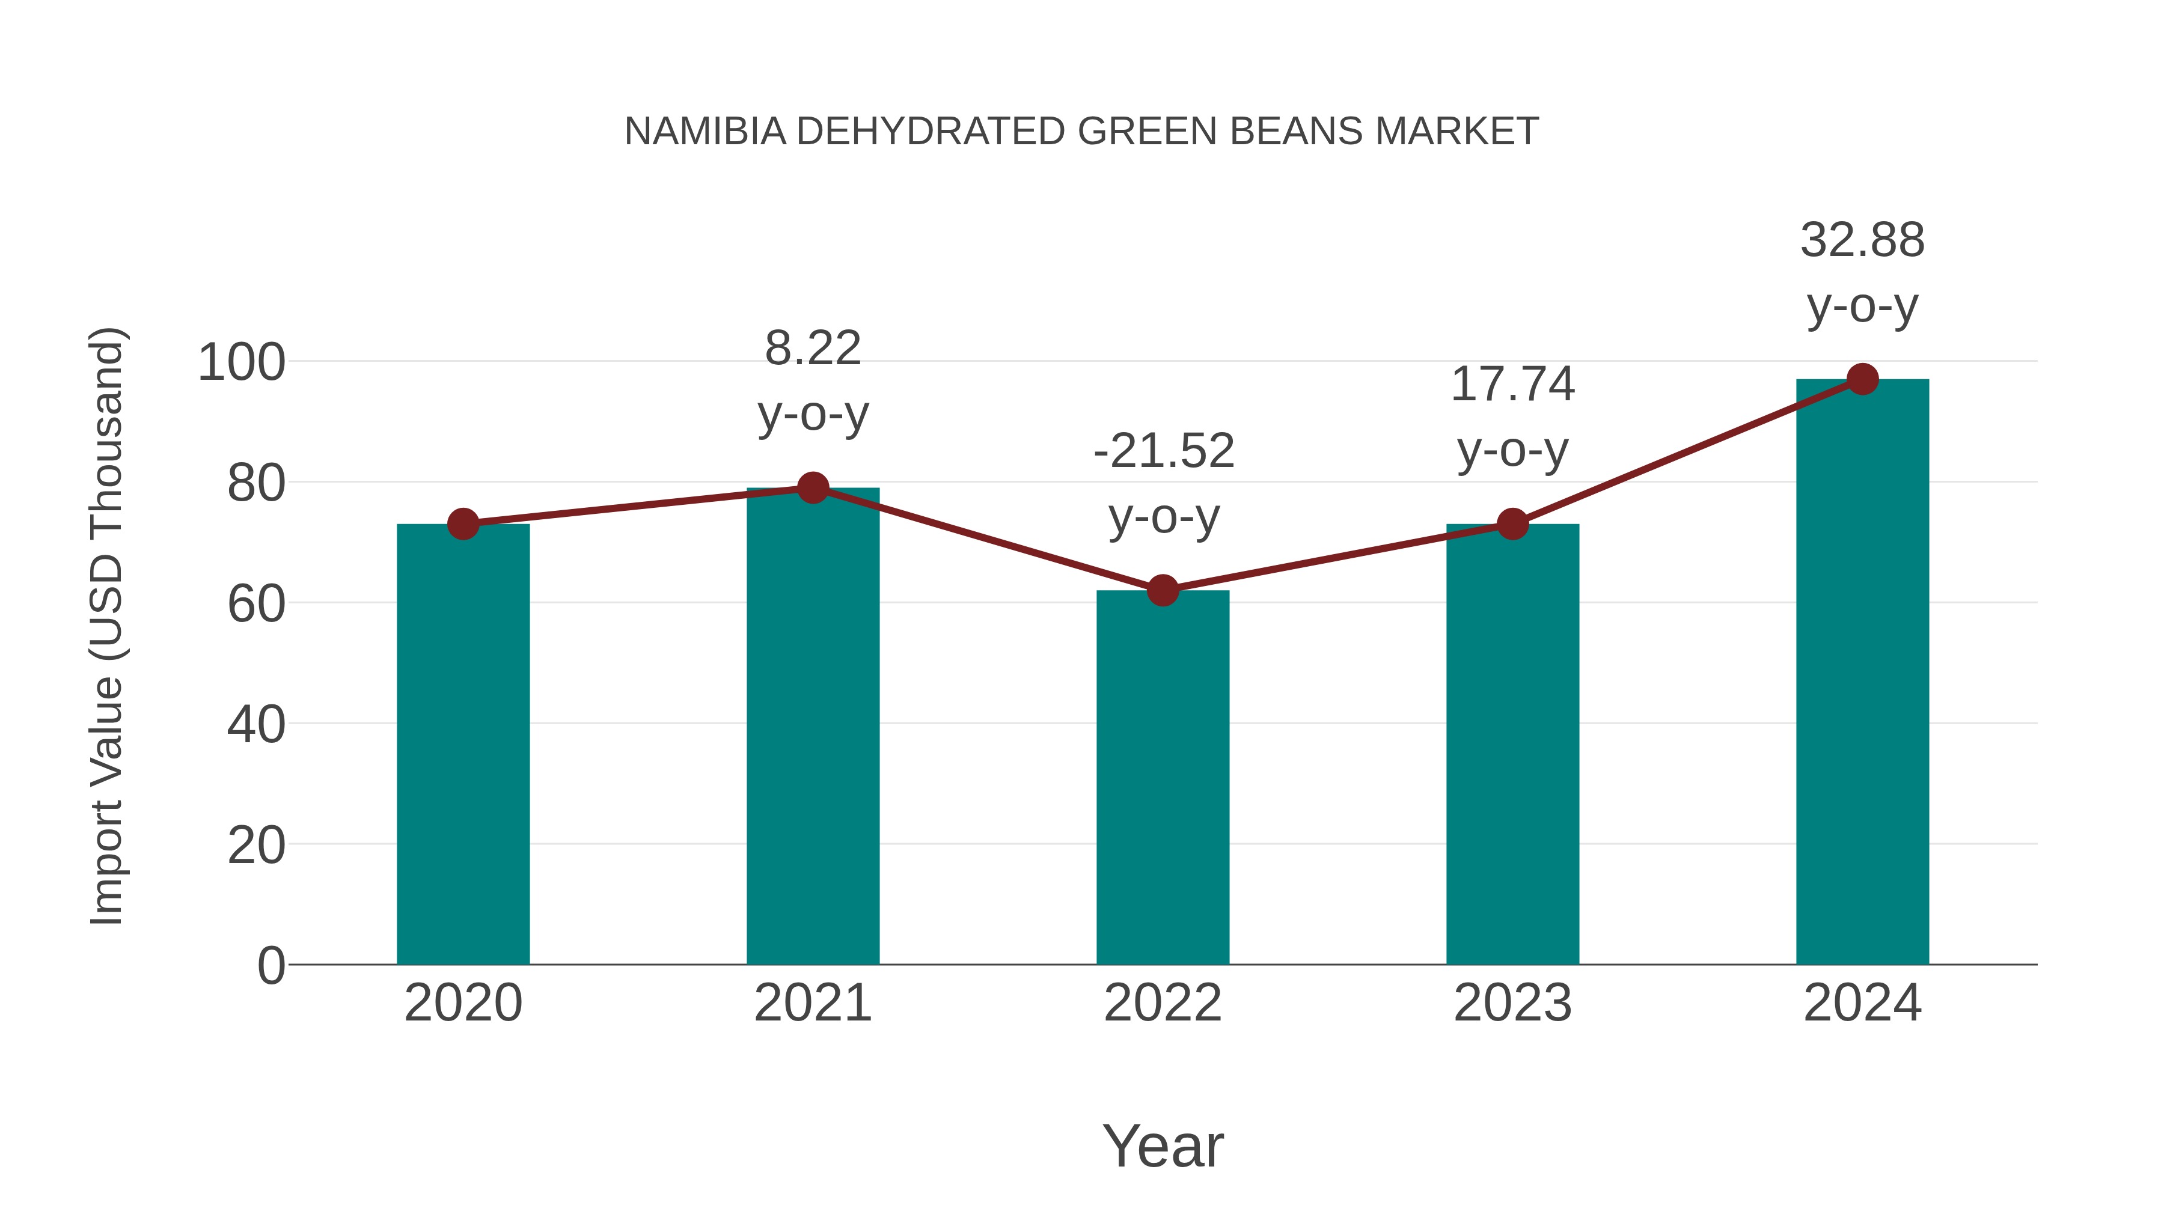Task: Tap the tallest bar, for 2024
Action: pos(1862,672)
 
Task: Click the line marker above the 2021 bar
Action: pos(812,487)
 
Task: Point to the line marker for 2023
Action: pos(1512,524)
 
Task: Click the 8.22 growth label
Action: pos(812,348)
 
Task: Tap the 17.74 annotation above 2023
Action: pos(1512,384)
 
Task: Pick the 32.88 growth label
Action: pos(1862,240)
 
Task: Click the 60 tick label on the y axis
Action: pos(256,604)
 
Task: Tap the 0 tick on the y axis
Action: pos(271,965)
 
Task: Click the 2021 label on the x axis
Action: pos(812,1003)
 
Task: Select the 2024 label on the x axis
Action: pos(1862,1003)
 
